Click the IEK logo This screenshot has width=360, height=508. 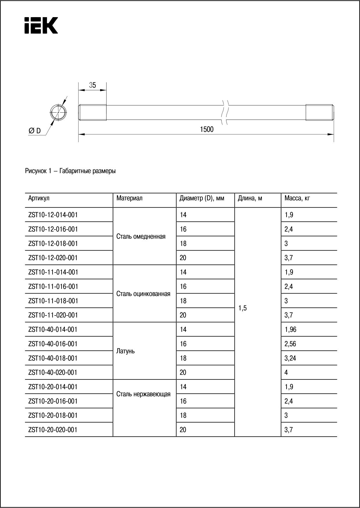(41, 25)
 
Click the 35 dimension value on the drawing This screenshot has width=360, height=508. (92, 85)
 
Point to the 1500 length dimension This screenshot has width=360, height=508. (206, 129)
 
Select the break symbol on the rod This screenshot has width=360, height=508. (225, 112)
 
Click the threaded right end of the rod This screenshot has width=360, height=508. (320, 112)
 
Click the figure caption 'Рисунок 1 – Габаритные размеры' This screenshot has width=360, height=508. (70, 171)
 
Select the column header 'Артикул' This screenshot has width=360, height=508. (39, 198)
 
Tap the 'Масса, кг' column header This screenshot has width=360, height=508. (297, 198)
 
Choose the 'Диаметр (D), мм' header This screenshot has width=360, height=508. (202, 198)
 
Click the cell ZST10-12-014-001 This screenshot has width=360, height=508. (53, 215)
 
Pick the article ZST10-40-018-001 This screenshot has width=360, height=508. (53, 358)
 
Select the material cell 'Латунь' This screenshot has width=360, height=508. (125, 351)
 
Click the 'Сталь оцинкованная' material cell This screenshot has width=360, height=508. (143, 294)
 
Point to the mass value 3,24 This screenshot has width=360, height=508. (290, 358)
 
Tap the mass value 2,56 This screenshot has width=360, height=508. (290, 344)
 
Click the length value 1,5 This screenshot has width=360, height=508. (243, 308)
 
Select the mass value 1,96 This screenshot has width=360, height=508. (290, 329)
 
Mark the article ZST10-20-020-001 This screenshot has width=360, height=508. (53, 430)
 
